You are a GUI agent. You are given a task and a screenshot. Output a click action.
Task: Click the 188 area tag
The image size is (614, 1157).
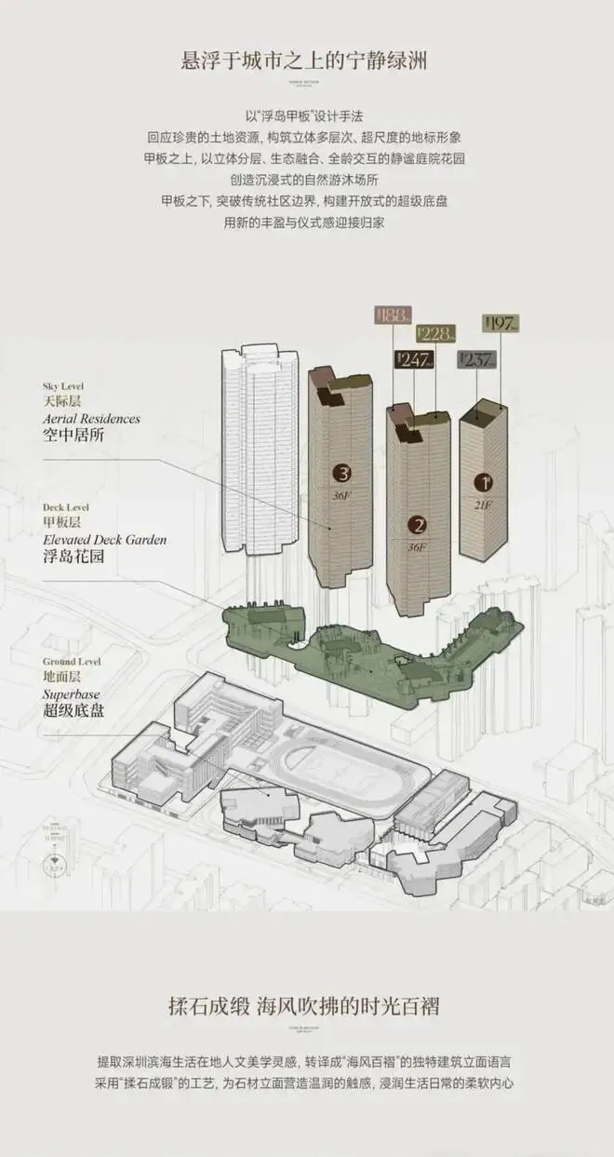(x=389, y=316)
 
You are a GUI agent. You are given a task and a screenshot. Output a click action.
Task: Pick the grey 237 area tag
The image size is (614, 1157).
(x=476, y=360)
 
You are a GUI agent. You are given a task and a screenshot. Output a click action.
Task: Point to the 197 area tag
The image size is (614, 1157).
(x=501, y=324)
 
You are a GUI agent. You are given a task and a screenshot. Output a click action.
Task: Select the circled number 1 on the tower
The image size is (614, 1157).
(x=483, y=482)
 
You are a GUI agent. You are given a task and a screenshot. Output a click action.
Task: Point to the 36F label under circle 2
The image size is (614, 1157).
(x=416, y=546)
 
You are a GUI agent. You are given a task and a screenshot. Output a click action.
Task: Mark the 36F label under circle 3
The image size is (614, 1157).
(x=340, y=495)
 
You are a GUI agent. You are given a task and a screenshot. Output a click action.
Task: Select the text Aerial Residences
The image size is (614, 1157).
(x=91, y=419)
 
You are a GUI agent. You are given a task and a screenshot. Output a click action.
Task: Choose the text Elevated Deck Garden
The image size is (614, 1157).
(x=104, y=540)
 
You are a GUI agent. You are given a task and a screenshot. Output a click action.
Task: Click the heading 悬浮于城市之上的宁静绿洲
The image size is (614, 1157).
(x=307, y=62)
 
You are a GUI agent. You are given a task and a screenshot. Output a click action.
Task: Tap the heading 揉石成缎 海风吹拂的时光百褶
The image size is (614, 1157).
(x=306, y=1006)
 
